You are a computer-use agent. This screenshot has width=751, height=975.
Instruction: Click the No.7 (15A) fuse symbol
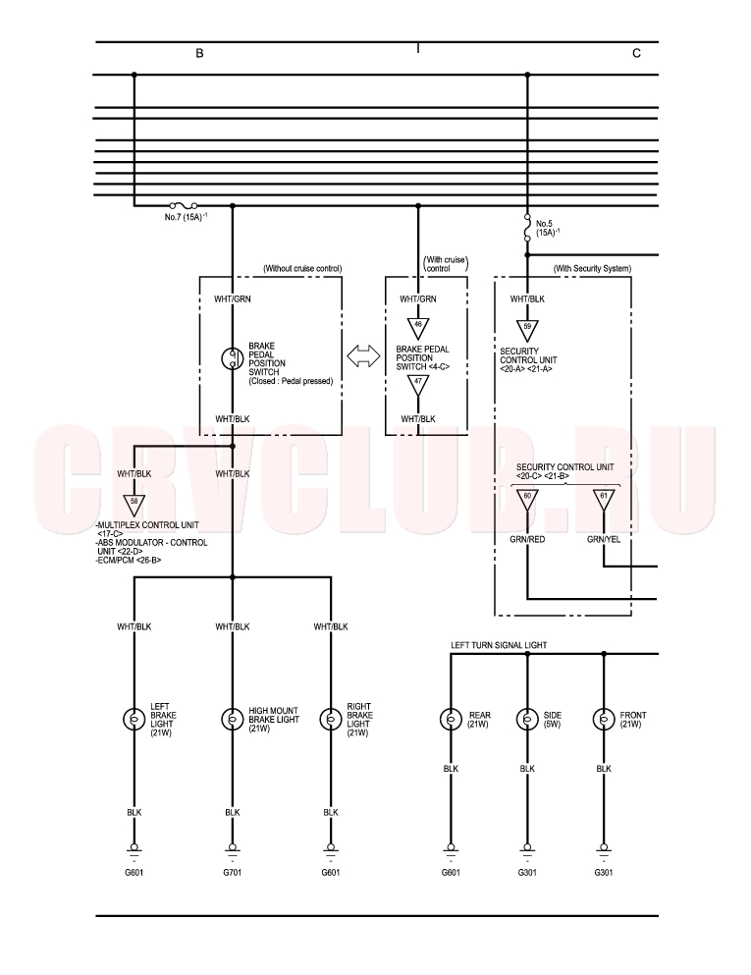(x=184, y=205)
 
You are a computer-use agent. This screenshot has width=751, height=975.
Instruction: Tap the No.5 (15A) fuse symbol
(x=527, y=228)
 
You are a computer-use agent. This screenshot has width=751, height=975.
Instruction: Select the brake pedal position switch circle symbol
(x=233, y=358)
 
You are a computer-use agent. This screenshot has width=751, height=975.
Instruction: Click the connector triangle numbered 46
(x=418, y=328)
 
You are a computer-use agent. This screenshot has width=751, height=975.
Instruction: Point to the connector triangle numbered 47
(x=418, y=385)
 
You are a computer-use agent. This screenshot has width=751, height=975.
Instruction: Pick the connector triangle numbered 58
(x=134, y=504)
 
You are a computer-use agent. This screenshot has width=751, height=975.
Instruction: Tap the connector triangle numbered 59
(x=527, y=330)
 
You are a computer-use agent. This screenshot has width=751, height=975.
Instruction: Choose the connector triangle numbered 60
(x=527, y=500)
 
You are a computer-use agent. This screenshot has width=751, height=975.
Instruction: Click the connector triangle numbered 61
(x=604, y=500)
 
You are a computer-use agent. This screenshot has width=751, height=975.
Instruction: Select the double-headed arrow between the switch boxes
(x=363, y=356)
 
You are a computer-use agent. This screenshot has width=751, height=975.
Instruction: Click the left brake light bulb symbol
(x=134, y=720)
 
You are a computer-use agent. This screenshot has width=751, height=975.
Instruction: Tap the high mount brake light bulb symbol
(x=233, y=720)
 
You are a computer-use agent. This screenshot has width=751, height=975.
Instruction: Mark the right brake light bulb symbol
(x=331, y=720)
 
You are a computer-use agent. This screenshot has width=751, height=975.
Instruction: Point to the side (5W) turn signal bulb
(x=527, y=720)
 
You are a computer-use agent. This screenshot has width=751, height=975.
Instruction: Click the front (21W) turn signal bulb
(x=604, y=720)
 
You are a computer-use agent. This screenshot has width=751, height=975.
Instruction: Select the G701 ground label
(x=233, y=873)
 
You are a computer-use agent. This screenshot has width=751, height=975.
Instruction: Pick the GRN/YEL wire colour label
(x=604, y=540)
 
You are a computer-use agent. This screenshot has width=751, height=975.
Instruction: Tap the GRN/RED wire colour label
(x=527, y=540)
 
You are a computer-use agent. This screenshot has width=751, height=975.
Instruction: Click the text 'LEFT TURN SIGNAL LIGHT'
(x=499, y=645)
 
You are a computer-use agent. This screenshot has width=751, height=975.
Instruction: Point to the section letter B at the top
(x=199, y=53)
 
